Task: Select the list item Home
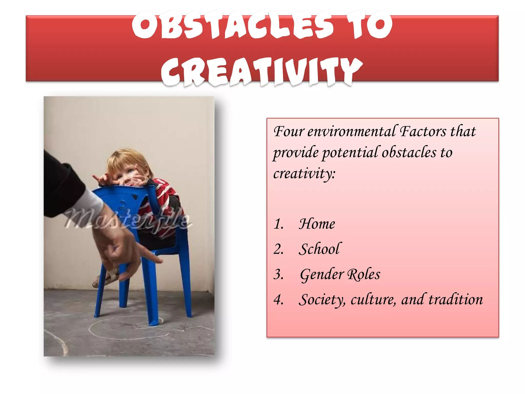coord(317,224)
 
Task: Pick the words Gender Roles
coord(340,274)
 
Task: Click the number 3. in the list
coord(278,274)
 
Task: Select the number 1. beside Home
coord(278,224)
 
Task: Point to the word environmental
coord(351,131)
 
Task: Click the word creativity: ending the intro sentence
coord(304,174)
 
